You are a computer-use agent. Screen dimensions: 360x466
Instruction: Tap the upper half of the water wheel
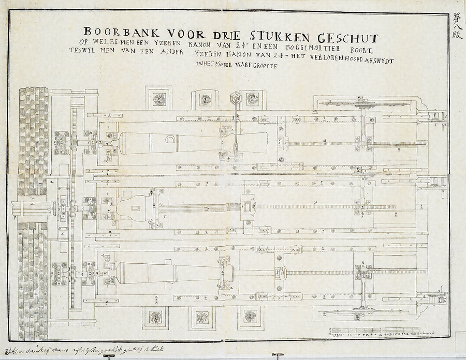(x=33, y=140)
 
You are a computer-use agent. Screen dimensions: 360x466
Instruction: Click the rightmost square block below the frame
(x=253, y=317)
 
